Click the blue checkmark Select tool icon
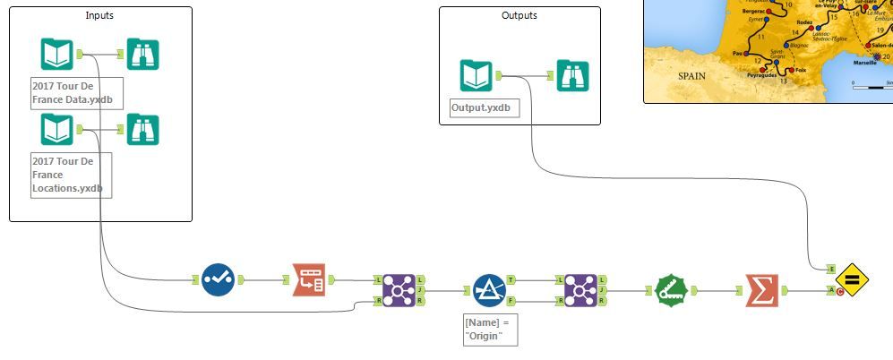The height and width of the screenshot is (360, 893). pyautogui.click(x=218, y=280)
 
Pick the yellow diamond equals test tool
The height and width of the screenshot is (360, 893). pyautogui.click(x=852, y=280)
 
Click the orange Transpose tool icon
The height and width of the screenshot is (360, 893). pyautogui.click(x=309, y=280)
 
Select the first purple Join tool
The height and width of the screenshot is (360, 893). pyautogui.click(x=398, y=290)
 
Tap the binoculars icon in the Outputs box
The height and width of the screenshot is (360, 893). pyautogui.click(x=572, y=75)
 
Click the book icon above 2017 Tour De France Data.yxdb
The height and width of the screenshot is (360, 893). pyautogui.click(x=56, y=54)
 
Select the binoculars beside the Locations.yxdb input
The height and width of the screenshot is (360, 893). pyautogui.click(x=142, y=130)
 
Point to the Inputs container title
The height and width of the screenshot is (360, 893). pyautogui.click(x=100, y=15)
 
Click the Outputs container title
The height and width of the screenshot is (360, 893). pyautogui.click(x=519, y=15)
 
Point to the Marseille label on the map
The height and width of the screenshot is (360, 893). pyautogui.click(x=863, y=64)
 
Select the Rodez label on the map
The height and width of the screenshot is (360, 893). pyautogui.click(x=804, y=23)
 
